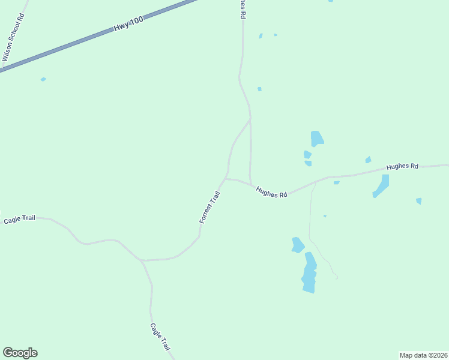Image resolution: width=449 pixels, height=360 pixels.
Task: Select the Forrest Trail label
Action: tap(210, 208)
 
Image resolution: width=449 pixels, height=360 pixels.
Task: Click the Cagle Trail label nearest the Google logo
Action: tap(160, 337)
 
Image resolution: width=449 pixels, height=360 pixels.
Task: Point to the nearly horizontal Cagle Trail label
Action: tap(20, 220)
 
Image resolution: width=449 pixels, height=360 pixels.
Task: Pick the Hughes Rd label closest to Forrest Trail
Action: tap(271, 192)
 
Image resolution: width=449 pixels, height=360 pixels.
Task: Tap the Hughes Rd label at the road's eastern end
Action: tap(402, 166)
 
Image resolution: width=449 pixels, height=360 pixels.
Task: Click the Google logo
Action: tap(20, 353)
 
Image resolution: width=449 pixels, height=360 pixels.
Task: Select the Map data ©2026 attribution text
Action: tap(423, 355)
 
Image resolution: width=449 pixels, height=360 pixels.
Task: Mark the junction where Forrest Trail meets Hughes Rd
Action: tap(224, 178)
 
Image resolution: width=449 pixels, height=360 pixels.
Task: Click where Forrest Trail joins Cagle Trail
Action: tap(142, 260)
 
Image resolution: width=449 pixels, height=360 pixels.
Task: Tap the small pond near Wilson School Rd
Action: tap(43, 79)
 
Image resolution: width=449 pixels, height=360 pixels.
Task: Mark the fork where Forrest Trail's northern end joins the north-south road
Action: tap(250, 119)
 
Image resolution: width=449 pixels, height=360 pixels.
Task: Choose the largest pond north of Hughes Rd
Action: tap(316, 139)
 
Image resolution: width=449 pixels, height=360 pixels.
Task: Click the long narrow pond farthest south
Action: tap(309, 273)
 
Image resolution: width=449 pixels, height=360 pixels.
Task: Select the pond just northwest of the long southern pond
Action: tap(297, 245)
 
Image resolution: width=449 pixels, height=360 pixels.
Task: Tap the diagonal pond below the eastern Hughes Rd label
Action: tap(381, 185)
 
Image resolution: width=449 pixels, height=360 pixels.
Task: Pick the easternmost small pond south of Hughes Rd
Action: tap(418, 201)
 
